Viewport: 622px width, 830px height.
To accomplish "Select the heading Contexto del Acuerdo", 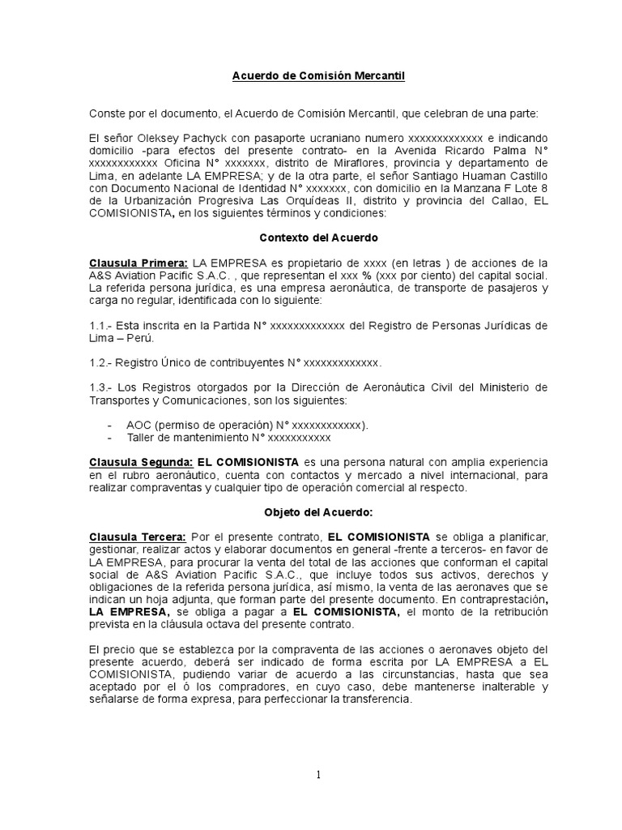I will pos(313,238).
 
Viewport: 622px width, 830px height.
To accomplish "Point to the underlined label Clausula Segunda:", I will pos(140,461).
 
